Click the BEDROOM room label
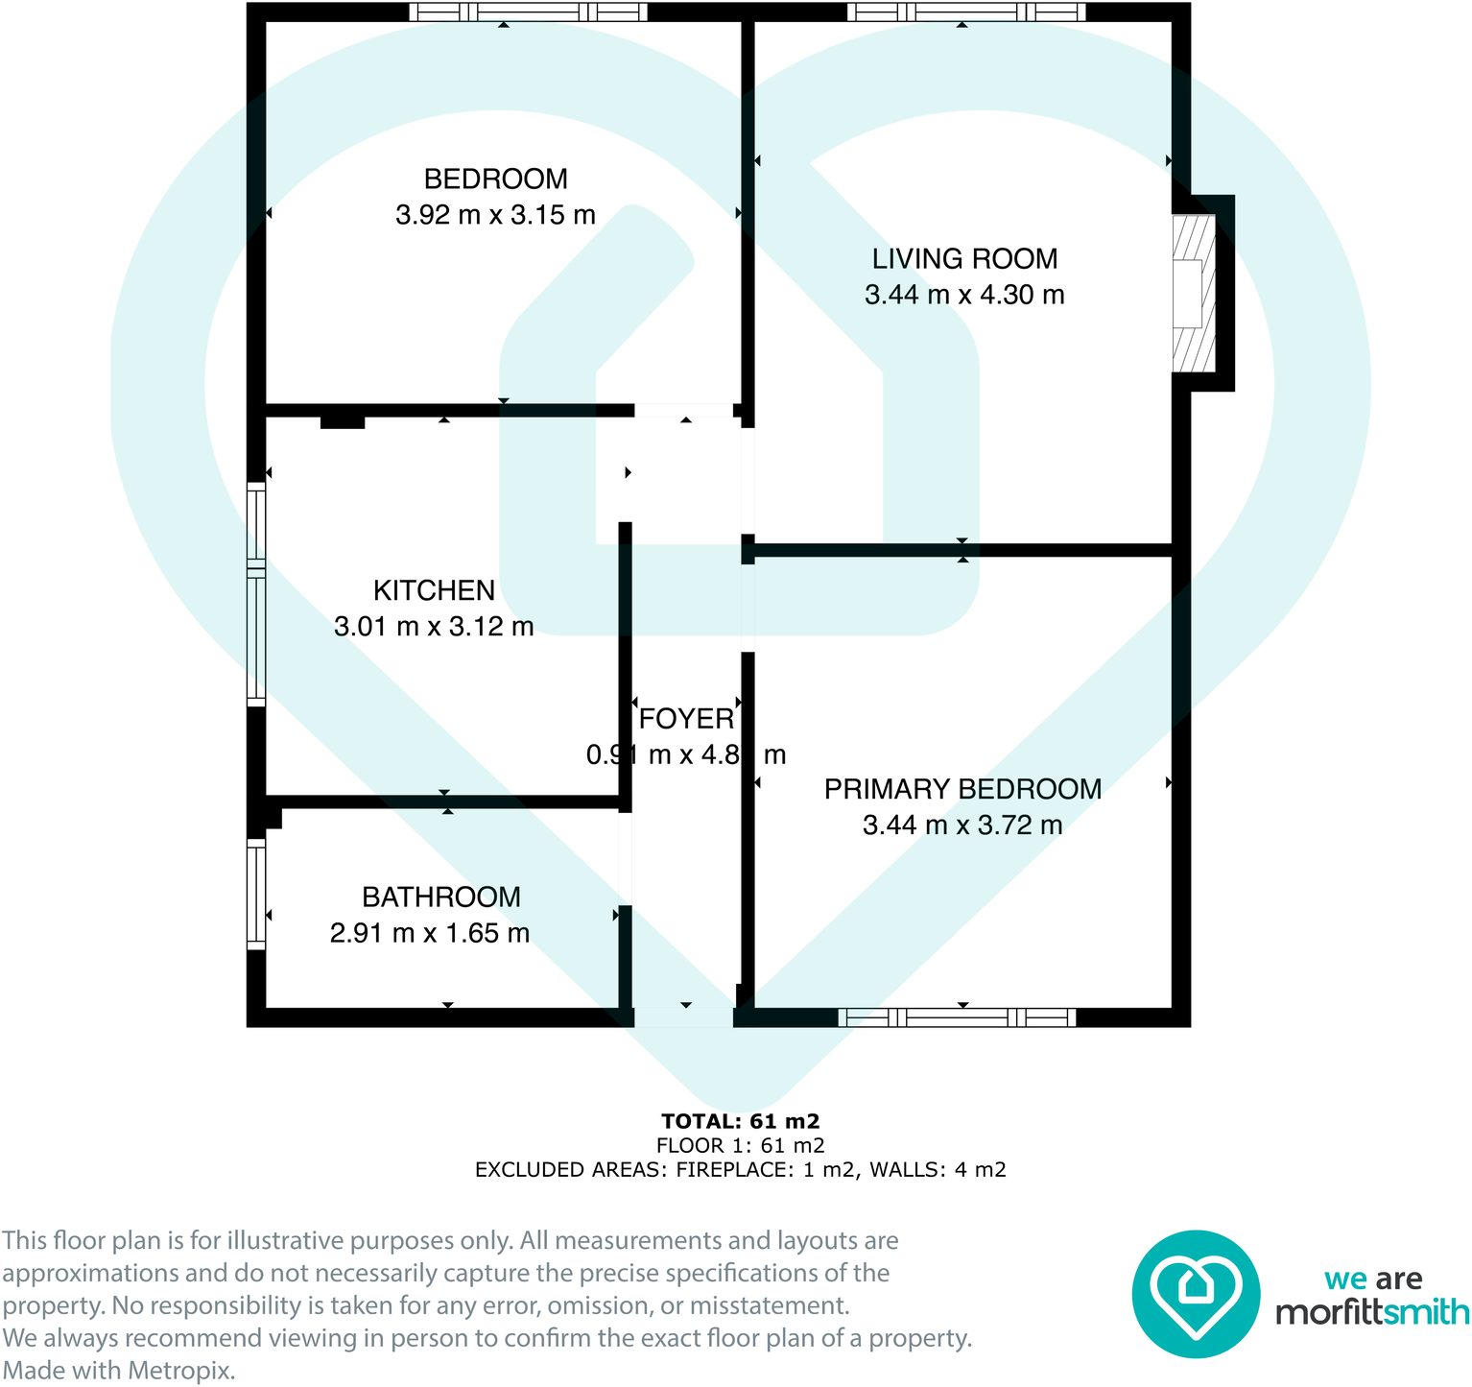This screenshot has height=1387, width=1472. (x=495, y=179)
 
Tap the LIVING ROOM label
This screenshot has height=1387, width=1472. (x=964, y=258)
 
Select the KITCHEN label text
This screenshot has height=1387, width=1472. (x=434, y=590)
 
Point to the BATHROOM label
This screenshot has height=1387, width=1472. (x=441, y=897)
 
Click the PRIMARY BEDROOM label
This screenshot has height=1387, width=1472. (x=962, y=789)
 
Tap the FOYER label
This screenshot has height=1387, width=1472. (x=686, y=718)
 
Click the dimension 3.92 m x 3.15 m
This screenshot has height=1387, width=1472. (x=495, y=215)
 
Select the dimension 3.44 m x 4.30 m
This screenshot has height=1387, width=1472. (x=964, y=295)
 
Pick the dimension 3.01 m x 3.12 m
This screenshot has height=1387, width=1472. (x=434, y=627)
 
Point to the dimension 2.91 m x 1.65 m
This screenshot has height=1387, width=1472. (x=430, y=933)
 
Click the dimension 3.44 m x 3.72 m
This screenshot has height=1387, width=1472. (x=962, y=825)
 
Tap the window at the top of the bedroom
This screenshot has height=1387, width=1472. (x=528, y=12)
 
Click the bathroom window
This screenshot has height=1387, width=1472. (x=255, y=894)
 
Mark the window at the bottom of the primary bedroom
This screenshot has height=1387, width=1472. (x=957, y=1017)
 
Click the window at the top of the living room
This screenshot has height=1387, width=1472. (x=965, y=12)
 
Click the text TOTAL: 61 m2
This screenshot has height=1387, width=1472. (x=740, y=1121)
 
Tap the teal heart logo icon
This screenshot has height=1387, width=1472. (x=1195, y=1293)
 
